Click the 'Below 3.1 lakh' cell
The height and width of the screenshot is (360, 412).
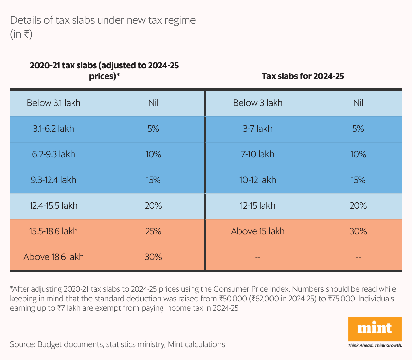point(54,103)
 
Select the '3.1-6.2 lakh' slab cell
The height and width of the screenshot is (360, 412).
point(54,129)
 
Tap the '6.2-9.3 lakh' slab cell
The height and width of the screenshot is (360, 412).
point(54,154)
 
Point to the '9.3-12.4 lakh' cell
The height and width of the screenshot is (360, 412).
point(54,180)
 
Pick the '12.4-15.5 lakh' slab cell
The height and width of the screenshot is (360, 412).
point(54,206)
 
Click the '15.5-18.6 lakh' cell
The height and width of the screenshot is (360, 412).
point(54,231)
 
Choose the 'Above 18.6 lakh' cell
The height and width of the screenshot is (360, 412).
point(54,257)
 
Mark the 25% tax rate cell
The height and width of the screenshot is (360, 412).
point(153,231)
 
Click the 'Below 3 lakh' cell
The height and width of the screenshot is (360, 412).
point(258,103)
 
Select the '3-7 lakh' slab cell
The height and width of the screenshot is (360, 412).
point(258,129)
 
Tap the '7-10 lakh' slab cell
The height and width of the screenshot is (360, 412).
point(258,154)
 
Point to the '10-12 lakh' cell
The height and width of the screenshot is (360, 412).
point(258,180)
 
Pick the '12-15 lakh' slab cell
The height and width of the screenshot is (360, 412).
point(258,206)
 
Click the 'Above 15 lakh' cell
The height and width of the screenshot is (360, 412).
point(258,231)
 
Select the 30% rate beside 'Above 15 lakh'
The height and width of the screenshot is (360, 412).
point(358,231)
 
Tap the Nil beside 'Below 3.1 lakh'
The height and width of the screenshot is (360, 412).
point(153,103)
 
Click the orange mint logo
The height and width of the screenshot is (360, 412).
point(375,329)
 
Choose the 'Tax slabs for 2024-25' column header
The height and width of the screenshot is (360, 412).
point(303,76)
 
